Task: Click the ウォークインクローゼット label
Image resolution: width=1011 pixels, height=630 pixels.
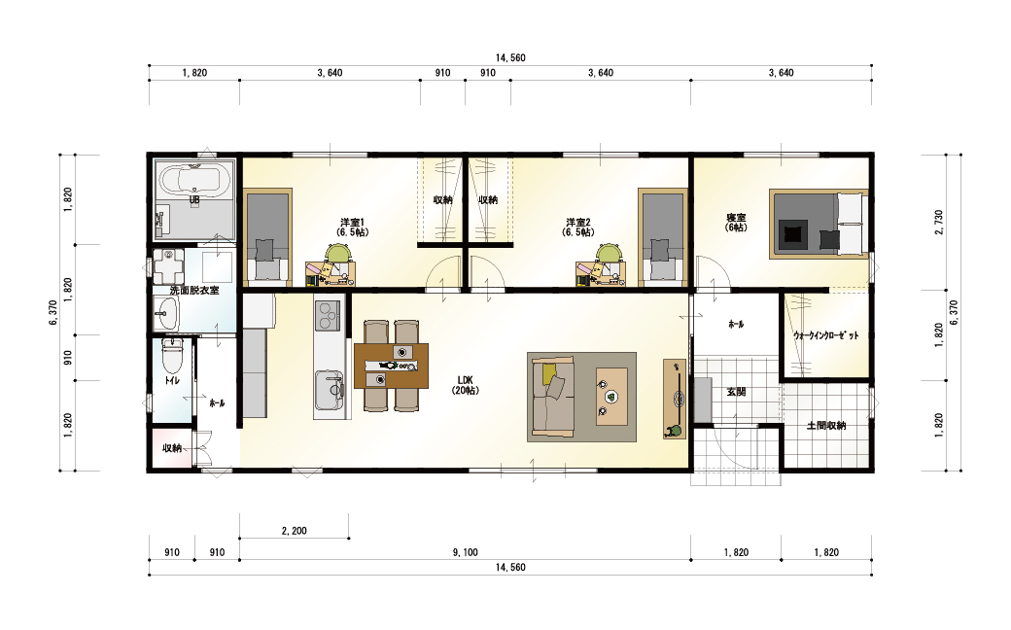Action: click(826, 335)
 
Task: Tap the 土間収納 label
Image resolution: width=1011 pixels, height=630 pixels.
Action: click(826, 426)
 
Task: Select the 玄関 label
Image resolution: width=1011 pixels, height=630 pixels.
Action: click(736, 392)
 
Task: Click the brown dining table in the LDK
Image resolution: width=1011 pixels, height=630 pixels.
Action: click(392, 366)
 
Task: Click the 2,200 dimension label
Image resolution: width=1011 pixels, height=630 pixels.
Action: click(294, 531)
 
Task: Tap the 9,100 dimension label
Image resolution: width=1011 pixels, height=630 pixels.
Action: click(465, 552)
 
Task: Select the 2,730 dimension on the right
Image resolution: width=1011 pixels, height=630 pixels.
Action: click(938, 223)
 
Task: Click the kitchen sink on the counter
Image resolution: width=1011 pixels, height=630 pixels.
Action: click(329, 390)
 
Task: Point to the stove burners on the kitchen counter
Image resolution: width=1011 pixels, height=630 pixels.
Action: click(328, 316)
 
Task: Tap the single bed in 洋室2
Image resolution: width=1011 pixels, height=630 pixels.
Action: click(663, 237)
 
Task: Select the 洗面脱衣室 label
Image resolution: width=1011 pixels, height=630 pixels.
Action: click(194, 290)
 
